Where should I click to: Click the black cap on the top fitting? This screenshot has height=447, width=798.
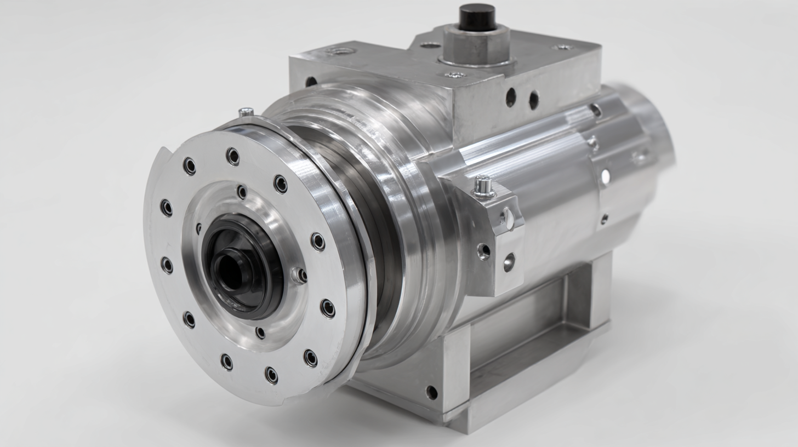(x=476, y=16)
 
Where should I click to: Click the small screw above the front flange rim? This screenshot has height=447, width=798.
(x=246, y=112)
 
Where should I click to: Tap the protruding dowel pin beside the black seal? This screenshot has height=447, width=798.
(x=299, y=275)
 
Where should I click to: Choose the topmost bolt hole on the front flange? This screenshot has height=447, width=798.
(x=233, y=156)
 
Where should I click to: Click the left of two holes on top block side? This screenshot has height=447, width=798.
(x=511, y=97)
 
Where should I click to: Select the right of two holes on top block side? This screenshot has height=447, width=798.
(x=533, y=100)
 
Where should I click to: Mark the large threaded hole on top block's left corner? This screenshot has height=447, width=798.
(x=340, y=51)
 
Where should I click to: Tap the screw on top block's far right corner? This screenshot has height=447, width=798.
(x=562, y=48)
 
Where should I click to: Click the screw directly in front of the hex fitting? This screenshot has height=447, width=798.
(x=454, y=74)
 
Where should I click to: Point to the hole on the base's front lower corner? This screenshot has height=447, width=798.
(x=432, y=392)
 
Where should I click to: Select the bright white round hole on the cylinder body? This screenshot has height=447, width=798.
(x=606, y=176)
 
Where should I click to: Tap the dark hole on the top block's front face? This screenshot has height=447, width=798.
(x=311, y=82)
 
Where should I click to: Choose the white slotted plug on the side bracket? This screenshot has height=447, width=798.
(x=508, y=218)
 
